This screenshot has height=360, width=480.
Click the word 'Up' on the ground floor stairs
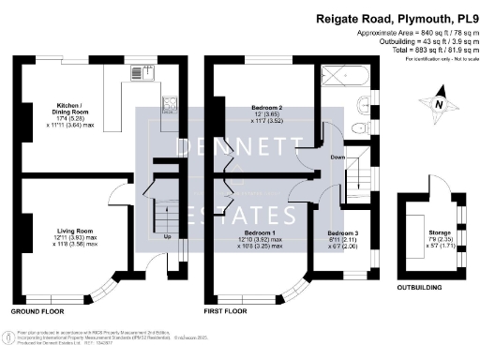[168, 236]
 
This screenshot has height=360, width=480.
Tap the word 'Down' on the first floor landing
[337, 157]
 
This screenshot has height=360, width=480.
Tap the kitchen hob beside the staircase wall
[169, 103]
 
